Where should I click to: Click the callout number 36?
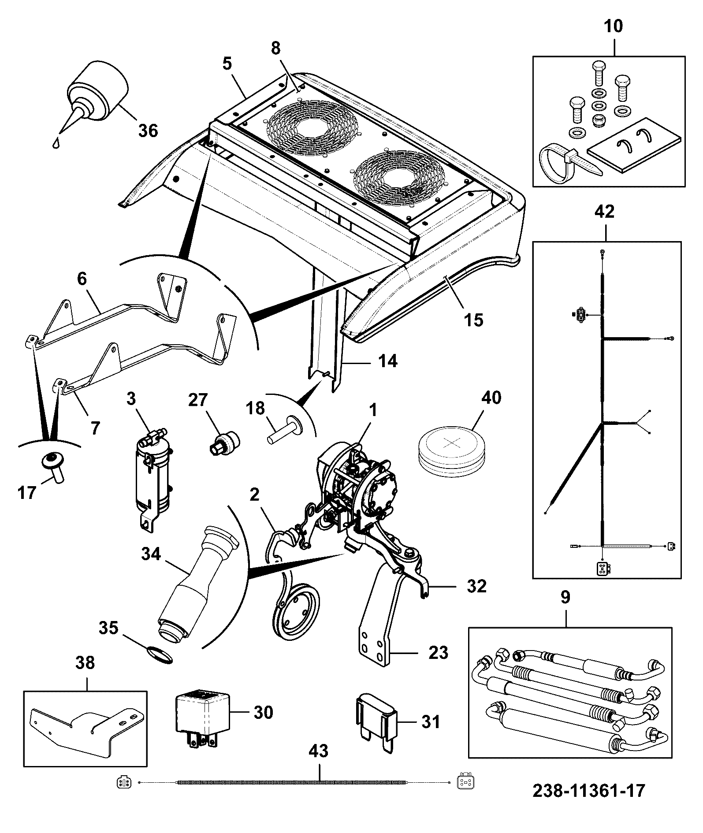click(148, 130)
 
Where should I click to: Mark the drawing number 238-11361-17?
click(588, 790)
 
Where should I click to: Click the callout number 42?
click(604, 212)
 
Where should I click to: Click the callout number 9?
click(565, 597)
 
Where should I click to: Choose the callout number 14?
click(387, 361)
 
